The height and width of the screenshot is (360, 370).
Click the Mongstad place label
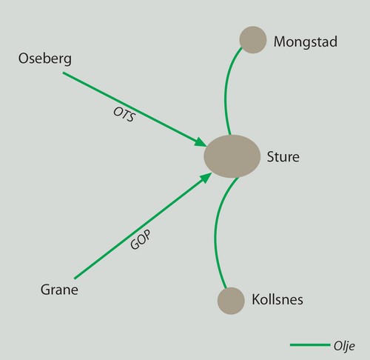[306, 42]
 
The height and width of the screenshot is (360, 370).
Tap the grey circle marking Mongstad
[253, 40]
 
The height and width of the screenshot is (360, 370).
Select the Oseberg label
[45, 59]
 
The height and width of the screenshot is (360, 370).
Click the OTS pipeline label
[124, 115]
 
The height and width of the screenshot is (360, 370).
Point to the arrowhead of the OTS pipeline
[201, 142]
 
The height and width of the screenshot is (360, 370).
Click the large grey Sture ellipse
[232, 156]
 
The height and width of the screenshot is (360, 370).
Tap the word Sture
[283, 157]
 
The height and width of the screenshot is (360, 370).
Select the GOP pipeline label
[141, 240]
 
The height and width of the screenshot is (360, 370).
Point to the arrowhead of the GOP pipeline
[206, 178]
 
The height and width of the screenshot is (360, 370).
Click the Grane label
[59, 290]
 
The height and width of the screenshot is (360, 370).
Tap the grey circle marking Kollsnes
[231, 301]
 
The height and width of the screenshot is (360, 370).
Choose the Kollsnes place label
[277, 299]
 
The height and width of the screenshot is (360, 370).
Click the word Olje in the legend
[344, 347]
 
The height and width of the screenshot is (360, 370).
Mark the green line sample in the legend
[310, 345]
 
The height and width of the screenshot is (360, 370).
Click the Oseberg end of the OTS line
[63, 73]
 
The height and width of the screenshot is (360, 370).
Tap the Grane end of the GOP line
[75, 279]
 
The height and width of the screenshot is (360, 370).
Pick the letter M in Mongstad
[280, 41]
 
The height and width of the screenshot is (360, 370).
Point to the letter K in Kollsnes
[256, 299]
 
